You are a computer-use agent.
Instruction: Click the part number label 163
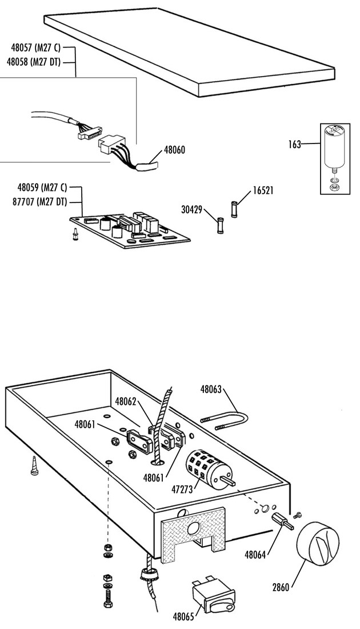point(295,145)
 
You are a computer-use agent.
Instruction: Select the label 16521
point(263,190)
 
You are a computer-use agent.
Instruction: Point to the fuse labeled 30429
point(220,225)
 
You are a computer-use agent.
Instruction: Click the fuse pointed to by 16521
point(234,209)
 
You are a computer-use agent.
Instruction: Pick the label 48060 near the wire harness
point(175,150)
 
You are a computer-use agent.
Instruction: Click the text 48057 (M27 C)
point(35,47)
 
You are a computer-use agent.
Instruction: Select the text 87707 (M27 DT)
point(39,202)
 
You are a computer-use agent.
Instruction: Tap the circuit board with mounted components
point(130,230)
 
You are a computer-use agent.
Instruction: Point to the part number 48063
point(211,389)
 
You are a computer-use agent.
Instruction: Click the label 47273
point(182,489)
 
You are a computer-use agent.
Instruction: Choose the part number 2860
point(281,587)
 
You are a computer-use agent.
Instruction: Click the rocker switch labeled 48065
point(213,597)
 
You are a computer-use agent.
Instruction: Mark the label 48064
point(255,555)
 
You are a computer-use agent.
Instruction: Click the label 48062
point(126,401)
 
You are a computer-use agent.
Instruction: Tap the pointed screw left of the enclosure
point(35,465)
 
